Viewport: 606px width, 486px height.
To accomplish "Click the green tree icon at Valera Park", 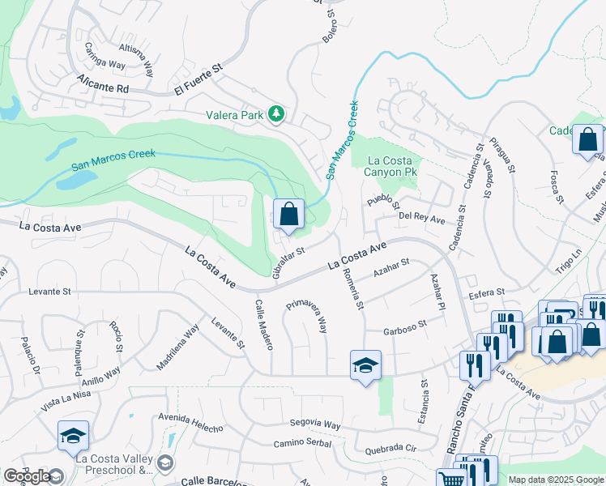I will click(x=276, y=114).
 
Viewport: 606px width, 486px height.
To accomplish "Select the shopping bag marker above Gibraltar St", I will click(x=288, y=215).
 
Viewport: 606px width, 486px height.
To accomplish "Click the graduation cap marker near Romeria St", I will click(x=365, y=365).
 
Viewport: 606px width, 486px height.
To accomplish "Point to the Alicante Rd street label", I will click(x=103, y=84).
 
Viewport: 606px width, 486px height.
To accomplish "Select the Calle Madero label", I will click(x=264, y=324).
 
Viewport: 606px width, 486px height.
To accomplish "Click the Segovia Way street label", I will click(x=315, y=424).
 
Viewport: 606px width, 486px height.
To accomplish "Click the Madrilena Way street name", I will click(x=177, y=347).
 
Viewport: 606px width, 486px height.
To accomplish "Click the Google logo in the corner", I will click(x=27, y=476).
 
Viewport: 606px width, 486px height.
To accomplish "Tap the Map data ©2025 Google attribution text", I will click(x=555, y=480).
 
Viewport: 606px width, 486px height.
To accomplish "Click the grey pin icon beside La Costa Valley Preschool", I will click(x=165, y=463).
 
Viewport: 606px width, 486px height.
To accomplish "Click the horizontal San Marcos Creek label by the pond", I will click(x=113, y=158).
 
